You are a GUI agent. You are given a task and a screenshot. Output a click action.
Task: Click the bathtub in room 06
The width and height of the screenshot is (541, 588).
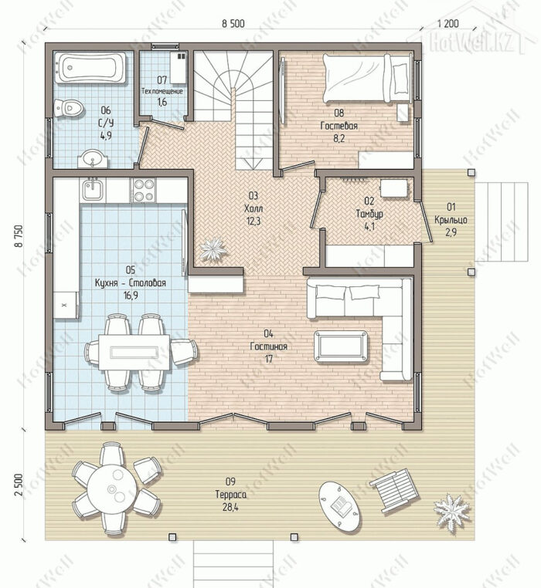pos(90,68)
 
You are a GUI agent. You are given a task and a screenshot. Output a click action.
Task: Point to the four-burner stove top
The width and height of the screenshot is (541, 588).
pos(144,189)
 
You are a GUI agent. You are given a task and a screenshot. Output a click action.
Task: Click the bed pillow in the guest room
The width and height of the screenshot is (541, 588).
pos(400,79)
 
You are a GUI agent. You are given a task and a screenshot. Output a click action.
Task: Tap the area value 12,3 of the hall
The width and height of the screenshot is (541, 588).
pos(253,221)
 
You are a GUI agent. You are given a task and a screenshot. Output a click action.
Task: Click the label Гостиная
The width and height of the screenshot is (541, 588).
pos(269,346)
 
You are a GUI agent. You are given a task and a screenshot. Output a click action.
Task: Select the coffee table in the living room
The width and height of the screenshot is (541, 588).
pos(341,346)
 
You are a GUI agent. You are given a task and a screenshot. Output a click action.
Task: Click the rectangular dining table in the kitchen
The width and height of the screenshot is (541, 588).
pos(134,352)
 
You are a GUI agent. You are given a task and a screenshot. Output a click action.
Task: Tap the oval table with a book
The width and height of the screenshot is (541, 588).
pos(339,506)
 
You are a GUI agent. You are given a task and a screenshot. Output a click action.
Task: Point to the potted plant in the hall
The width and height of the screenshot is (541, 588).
pos(213,249)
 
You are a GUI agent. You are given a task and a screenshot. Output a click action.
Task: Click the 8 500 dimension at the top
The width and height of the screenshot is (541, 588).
pos(233,24)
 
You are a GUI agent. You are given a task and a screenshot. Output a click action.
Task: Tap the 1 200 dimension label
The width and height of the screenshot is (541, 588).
pos(447,23)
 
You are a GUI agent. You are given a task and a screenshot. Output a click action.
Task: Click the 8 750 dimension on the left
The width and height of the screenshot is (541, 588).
pos(19,236)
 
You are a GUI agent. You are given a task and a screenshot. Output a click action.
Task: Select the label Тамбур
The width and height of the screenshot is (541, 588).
pos(369,214)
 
